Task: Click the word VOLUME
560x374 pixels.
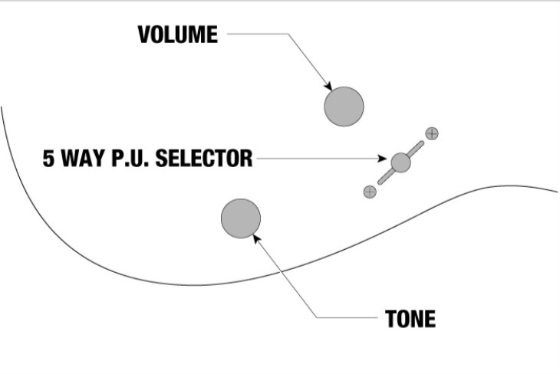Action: pyautogui.click(x=177, y=34)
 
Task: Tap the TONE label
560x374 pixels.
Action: pyautogui.click(x=410, y=319)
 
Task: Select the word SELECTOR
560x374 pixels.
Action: pyautogui.click(x=204, y=159)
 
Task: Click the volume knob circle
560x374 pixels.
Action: pyautogui.click(x=344, y=107)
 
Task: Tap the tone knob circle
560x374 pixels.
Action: pyautogui.click(x=241, y=218)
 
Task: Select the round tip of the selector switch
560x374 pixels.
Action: pyautogui.click(x=400, y=162)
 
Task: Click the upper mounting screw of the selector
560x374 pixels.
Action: pyautogui.click(x=432, y=133)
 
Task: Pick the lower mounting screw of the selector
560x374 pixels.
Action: pyautogui.click(x=370, y=192)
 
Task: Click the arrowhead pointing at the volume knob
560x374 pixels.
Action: pyautogui.click(x=328, y=86)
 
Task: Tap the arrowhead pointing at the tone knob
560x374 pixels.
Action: pyautogui.click(x=256, y=238)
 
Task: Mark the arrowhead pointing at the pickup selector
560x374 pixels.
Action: pyautogui.click(x=382, y=158)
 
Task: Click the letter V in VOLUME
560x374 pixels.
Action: pyautogui.click(x=145, y=34)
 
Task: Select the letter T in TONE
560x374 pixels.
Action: pyautogui.click(x=391, y=319)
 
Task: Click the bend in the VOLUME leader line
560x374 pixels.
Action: pyautogui.click(x=288, y=34)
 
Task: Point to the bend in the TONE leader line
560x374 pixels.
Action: pyautogui.click(x=316, y=317)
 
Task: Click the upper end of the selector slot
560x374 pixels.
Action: pyautogui.click(x=421, y=143)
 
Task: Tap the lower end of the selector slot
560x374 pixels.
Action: pyautogui.click(x=380, y=182)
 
